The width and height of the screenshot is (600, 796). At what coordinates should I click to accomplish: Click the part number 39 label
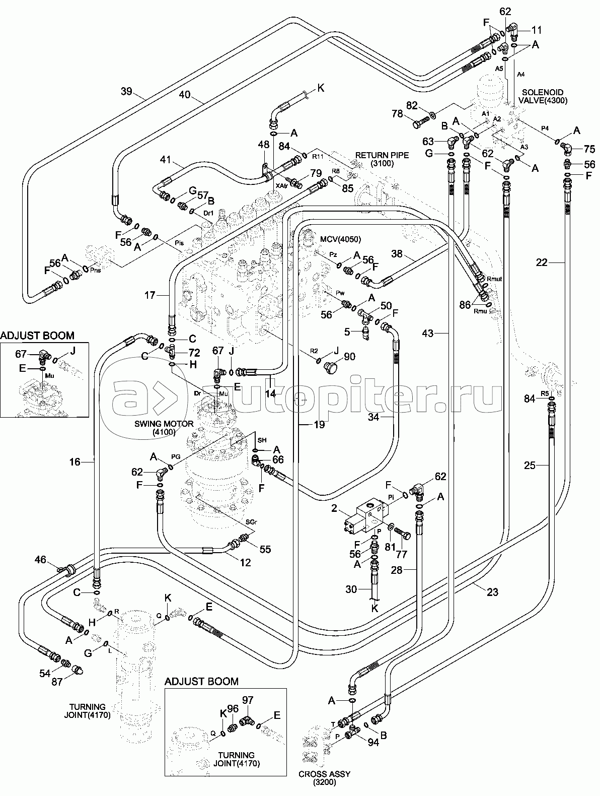click(126, 91)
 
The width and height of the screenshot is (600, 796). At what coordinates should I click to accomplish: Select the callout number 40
click(185, 94)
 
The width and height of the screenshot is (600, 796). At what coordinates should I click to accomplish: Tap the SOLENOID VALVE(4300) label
click(545, 96)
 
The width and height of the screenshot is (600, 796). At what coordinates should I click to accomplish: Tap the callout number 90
click(349, 357)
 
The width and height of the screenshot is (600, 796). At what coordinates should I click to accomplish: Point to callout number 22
click(542, 262)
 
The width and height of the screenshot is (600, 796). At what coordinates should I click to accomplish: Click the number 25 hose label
click(530, 466)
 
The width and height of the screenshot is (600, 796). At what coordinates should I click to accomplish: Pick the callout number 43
click(427, 333)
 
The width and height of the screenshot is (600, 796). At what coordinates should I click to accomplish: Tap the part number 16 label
click(74, 461)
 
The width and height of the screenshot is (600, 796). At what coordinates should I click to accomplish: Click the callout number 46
click(40, 559)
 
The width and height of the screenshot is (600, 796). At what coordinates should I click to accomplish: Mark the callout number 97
click(248, 700)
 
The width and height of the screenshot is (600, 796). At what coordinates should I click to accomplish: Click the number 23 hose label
click(492, 592)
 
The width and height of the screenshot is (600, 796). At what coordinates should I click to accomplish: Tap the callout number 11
click(523, 29)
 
